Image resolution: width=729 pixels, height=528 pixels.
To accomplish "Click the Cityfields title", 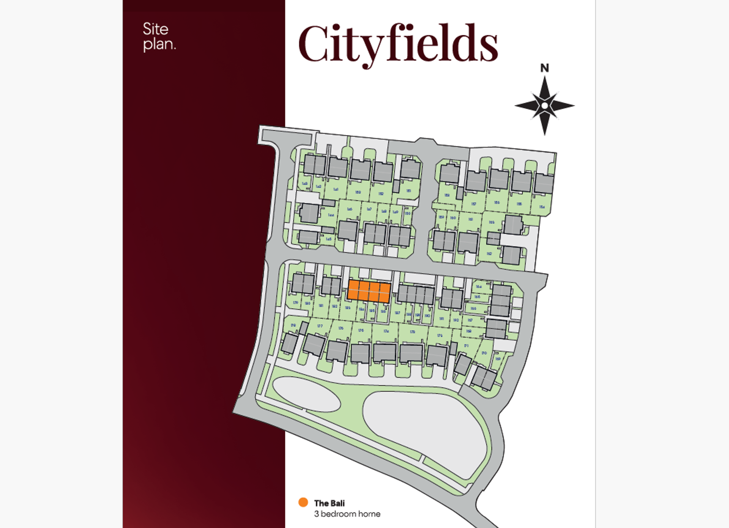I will click(398, 44).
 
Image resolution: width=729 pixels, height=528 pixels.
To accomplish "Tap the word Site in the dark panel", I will click(155, 29).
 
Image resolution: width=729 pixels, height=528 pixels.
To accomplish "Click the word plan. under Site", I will click(159, 44).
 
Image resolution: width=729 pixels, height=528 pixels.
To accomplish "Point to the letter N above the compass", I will click(544, 68).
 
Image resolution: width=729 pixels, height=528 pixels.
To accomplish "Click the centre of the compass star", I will click(544, 105).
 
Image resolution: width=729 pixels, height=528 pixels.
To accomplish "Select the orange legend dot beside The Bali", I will click(303, 502).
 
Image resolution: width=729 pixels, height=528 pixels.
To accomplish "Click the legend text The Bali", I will click(329, 503).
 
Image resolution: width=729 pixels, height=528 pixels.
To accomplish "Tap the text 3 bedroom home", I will click(347, 514).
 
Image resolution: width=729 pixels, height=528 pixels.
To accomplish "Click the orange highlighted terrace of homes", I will click(369, 291).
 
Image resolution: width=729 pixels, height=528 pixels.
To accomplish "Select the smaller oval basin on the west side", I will click(306, 394).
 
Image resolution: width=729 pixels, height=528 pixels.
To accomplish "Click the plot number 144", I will click(331, 215).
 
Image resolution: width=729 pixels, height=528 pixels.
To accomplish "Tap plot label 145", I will click(329, 239).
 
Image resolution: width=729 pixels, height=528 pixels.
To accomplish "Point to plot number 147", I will click(369, 209).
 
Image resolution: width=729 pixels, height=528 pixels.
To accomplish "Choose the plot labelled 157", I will click(473, 204).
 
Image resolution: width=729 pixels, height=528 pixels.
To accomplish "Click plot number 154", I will click(542, 207).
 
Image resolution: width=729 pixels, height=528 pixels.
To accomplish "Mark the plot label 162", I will click(489, 253).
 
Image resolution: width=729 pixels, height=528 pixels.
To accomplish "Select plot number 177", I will click(320, 326).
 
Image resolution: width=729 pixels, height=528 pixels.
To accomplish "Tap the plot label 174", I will click(386, 331).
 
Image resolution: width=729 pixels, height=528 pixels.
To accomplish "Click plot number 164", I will click(478, 287).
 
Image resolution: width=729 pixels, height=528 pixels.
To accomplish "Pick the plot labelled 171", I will click(466, 346).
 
